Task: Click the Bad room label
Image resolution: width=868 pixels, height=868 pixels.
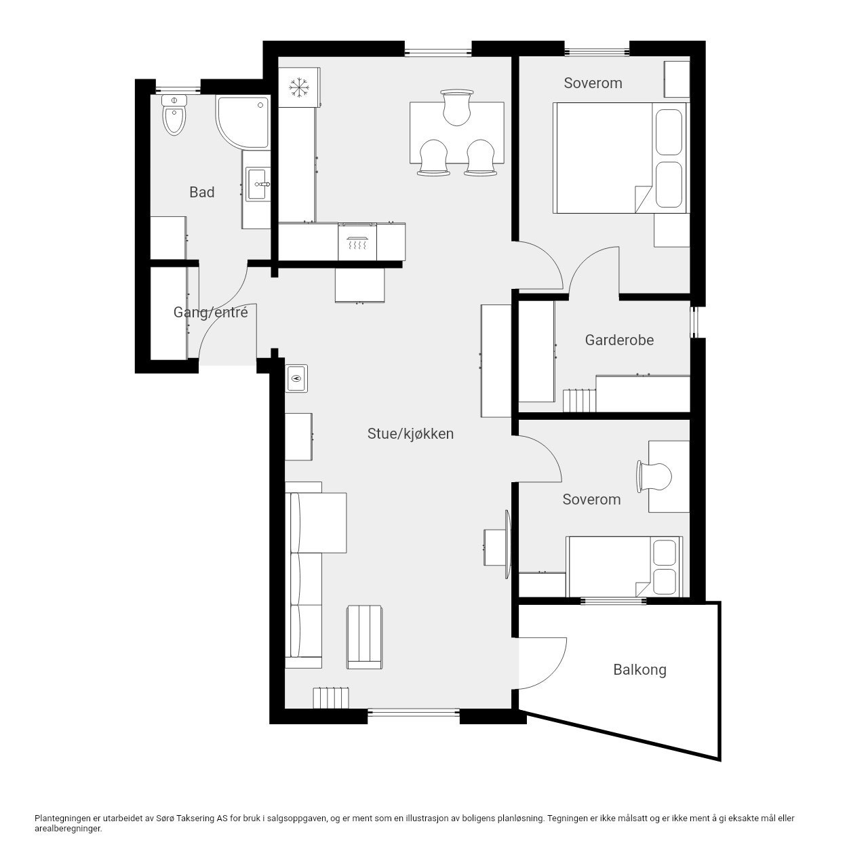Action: (x=202, y=193)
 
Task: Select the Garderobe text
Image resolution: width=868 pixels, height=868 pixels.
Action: (x=619, y=340)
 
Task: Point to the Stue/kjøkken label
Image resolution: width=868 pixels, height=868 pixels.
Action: (x=410, y=434)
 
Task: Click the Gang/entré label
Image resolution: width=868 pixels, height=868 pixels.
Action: (x=211, y=312)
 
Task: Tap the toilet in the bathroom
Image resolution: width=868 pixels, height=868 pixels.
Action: (x=174, y=115)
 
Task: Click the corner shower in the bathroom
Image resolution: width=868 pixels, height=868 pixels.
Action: (x=243, y=121)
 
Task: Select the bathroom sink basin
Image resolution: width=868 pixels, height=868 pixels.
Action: (x=258, y=184)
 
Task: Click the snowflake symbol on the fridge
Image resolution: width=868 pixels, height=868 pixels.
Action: (x=297, y=87)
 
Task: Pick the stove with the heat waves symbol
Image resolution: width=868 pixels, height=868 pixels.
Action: (x=357, y=241)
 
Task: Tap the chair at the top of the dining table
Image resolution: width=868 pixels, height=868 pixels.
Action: (x=457, y=107)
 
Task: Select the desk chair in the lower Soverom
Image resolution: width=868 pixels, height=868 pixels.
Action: (x=654, y=477)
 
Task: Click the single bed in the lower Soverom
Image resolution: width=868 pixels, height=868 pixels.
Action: (x=625, y=567)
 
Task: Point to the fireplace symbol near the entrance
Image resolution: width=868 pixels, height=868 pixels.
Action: (x=296, y=378)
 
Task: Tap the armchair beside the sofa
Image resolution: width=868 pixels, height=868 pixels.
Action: (x=364, y=637)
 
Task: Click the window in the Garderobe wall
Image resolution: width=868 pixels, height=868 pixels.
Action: (x=694, y=322)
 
